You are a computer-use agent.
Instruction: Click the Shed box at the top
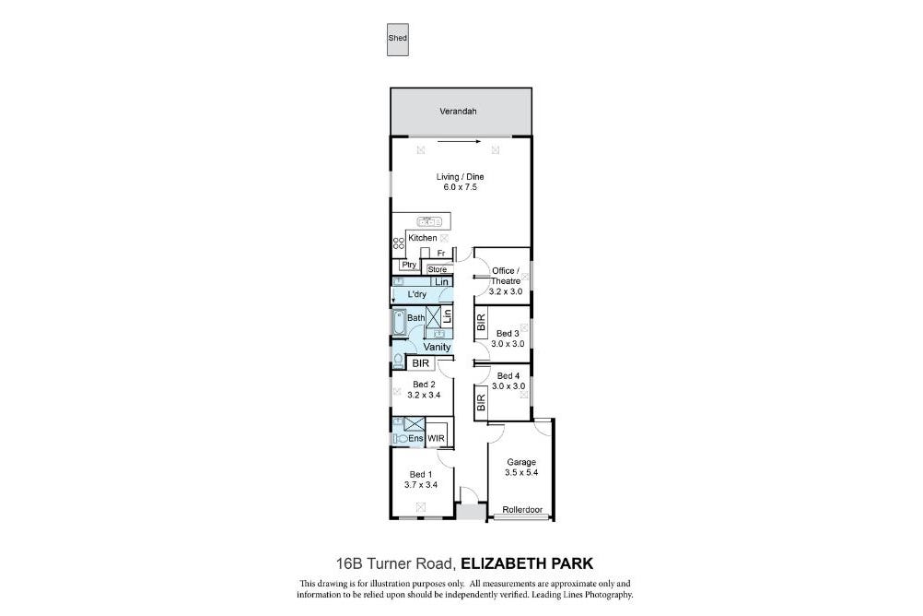point(397,40)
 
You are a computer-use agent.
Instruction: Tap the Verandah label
point(458,111)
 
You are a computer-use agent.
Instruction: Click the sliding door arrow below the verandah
point(459,141)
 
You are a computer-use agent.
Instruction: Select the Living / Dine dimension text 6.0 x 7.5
point(460,187)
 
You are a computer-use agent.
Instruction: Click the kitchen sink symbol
point(429,221)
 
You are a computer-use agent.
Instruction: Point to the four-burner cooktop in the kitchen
point(399,243)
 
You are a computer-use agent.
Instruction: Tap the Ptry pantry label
point(409,265)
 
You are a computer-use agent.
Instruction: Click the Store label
point(438,269)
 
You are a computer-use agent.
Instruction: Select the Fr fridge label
point(441,254)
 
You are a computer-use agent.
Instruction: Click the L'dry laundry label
point(416,294)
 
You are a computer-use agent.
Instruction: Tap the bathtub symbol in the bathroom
point(399,322)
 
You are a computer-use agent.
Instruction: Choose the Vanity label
point(437,347)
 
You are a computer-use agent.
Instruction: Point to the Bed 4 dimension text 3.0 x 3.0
point(508,386)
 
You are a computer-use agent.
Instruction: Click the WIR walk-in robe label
point(437,439)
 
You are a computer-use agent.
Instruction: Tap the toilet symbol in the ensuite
point(400,439)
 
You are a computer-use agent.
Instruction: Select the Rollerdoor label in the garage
point(522,510)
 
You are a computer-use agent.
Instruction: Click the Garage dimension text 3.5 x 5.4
point(521,473)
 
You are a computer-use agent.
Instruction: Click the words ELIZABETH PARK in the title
point(527,563)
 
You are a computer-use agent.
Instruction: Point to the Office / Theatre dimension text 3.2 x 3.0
point(507,291)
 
